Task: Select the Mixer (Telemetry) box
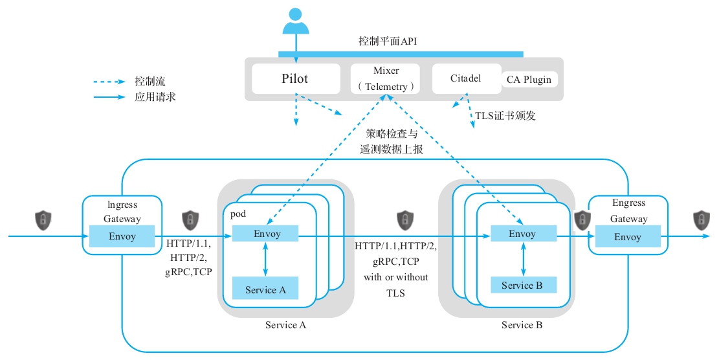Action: click(x=386, y=78)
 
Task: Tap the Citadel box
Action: click(x=466, y=78)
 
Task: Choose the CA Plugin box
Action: click(x=529, y=80)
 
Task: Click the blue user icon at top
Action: click(x=296, y=21)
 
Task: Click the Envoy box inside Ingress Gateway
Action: click(x=122, y=236)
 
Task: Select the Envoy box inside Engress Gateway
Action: click(x=627, y=237)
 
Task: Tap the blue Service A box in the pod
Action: click(x=265, y=289)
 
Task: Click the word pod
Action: click(x=238, y=213)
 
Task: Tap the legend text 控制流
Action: click(x=150, y=82)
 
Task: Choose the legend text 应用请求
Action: click(x=155, y=97)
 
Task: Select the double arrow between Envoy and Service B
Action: click(x=523, y=260)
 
